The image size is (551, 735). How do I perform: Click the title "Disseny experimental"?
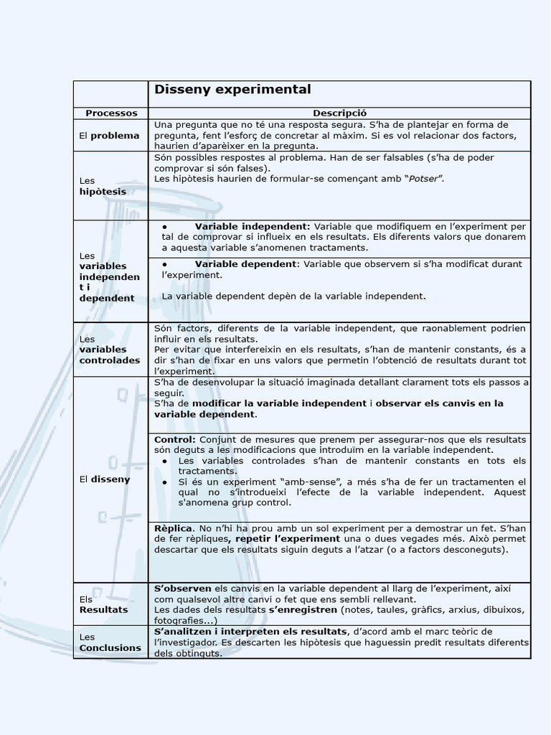pyautogui.click(x=232, y=90)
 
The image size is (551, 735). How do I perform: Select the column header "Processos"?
pyautogui.click(x=111, y=113)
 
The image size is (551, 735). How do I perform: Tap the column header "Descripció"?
pyautogui.click(x=339, y=113)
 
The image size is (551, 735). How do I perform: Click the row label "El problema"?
pyautogui.click(x=110, y=135)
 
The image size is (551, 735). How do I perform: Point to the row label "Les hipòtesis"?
pyautogui.click(x=103, y=186)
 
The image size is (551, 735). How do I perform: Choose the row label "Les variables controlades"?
pyautogui.click(x=110, y=350)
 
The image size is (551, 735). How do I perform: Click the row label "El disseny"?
pyautogui.click(x=105, y=479)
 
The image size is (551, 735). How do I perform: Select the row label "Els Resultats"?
pyautogui.click(x=103, y=604)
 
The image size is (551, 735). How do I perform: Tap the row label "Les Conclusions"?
pyautogui.click(x=110, y=642)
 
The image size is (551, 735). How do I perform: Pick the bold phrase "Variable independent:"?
pyautogui.click(x=253, y=225)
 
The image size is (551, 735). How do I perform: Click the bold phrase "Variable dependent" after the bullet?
pyautogui.click(x=245, y=263)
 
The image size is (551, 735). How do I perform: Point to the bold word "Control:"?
pyautogui.click(x=174, y=439)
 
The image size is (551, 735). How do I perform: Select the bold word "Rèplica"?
pyautogui.click(x=174, y=528)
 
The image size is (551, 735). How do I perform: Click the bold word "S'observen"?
pyautogui.click(x=182, y=588)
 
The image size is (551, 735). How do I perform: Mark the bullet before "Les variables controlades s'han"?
pyautogui.click(x=166, y=460)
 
